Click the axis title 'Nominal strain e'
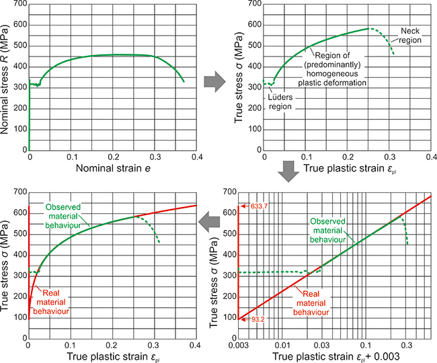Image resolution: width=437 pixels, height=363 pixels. tap(113, 167)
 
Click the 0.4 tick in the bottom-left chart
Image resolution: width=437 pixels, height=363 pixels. tap(196, 346)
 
